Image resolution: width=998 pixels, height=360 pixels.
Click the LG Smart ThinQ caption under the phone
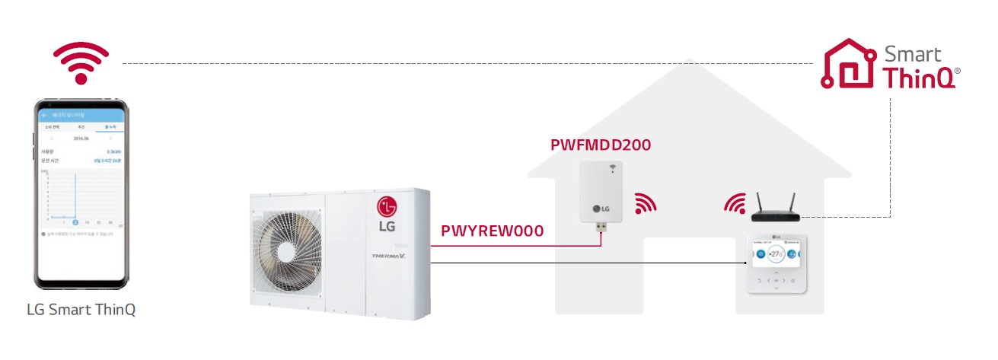(81, 310)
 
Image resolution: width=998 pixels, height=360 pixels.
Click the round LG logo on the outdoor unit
(386, 205)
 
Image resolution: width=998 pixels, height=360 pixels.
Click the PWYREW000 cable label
(492, 231)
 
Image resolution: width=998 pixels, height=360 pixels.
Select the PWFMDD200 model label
(601, 145)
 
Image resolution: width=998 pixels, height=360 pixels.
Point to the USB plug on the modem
(601, 228)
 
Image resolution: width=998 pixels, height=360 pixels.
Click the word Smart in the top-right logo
(912, 55)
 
